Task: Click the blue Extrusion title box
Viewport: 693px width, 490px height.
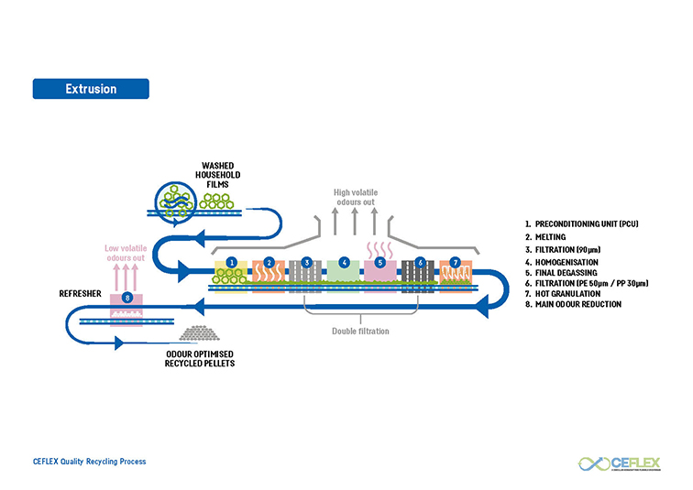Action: (x=91, y=89)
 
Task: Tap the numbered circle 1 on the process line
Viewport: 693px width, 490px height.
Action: (x=232, y=262)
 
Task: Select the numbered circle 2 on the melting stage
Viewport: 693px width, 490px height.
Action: (x=269, y=262)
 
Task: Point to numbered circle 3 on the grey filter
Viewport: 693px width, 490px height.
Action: (x=307, y=262)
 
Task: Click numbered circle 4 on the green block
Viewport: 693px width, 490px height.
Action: (x=344, y=262)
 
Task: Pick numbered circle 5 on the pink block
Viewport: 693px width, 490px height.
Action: (x=380, y=262)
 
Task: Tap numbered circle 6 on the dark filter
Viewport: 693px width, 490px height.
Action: (x=419, y=262)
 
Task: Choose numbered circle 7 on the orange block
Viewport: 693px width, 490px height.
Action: (x=456, y=262)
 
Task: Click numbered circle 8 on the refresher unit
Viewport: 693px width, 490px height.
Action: (x=126, y=298)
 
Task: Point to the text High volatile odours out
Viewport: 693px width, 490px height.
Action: (x=355, y=197)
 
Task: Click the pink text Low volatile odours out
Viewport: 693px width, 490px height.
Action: (x=126, y=252)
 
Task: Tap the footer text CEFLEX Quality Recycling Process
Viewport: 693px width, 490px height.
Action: (x=89, y=462)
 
